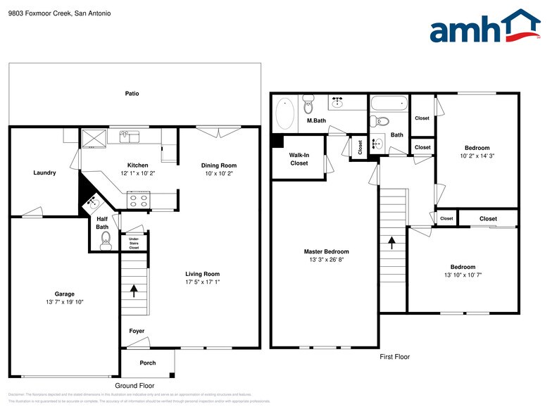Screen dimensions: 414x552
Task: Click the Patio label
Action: click(132, 93)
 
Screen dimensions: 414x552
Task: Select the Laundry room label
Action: click(44, 172)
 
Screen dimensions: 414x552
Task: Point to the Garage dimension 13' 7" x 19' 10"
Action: click(64, 301)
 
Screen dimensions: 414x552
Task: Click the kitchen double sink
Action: click(128, 134)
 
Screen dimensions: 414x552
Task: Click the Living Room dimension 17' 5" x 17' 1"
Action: click(203, 282)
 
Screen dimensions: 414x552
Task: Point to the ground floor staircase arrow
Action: click(133, 289)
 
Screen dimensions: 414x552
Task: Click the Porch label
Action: click(147, 363)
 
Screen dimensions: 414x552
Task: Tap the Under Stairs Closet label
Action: click(134, 244)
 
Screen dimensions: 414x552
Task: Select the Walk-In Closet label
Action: click(299, 158)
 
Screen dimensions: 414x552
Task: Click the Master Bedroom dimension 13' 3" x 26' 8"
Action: click(326, 259)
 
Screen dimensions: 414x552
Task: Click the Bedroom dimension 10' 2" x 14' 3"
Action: click(477, 156)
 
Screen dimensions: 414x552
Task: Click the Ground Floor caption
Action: click(134, 386)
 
